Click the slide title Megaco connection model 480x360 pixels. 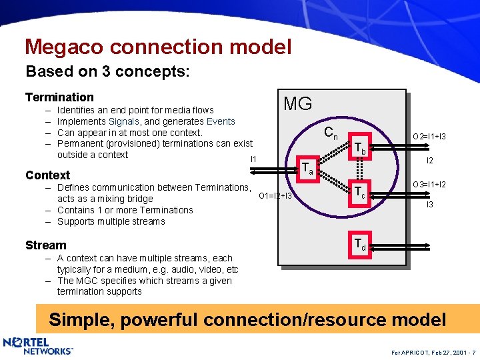coord(158,47)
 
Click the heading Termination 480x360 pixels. coord(59,97)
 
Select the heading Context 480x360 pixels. coord(47,175)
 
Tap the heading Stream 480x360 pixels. coord(45,245)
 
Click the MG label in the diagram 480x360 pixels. coord(297,104)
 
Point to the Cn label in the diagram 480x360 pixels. coord(331,133)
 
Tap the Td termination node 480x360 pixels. coord(359,244)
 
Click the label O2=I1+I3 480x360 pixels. coord(429,137)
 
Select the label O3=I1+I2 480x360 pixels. coord(429,184)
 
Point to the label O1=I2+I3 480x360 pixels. coord(275,196)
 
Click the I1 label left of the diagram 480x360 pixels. coord(253,159)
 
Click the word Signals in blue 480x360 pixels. coord(123,121)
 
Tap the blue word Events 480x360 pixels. coord(221,121)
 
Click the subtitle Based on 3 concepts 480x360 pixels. coord(107,71)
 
